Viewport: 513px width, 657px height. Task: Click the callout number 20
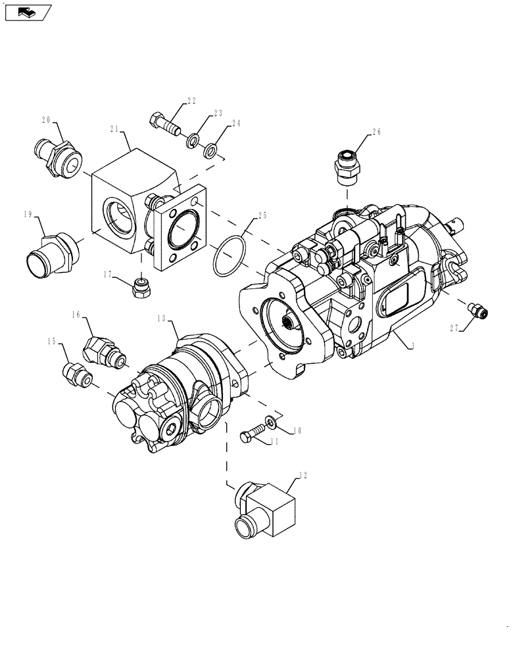click(x=46, y=120)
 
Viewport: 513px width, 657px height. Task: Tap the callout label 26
click(x=377, y=131)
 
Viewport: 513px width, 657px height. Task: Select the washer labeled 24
click(x=211, y=152)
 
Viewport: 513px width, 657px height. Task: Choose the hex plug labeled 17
click(x=141, y=287)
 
